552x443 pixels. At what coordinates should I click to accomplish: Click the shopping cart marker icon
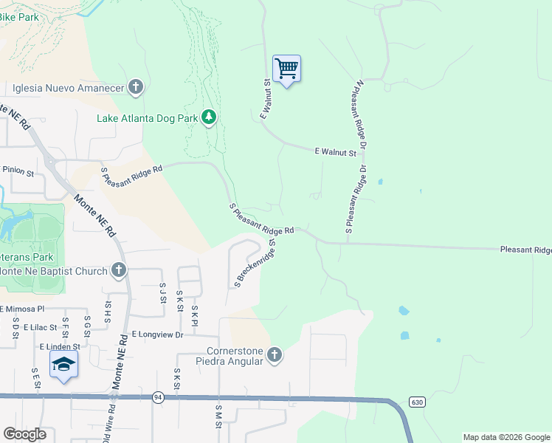(286, 69)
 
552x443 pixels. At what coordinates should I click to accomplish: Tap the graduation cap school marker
(64, 364)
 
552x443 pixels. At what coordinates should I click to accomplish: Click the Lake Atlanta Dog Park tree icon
(210, 117)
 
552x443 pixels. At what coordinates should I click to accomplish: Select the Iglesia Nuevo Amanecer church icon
(135, 88)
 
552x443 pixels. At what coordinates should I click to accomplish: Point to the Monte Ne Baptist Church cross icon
(118, 271)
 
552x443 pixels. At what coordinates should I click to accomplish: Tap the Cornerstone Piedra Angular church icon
(275, 356)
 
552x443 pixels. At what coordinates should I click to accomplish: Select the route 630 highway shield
(418, 402)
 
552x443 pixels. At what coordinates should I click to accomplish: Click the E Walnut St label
(335, 152)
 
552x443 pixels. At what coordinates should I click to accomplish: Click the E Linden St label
(60, 346)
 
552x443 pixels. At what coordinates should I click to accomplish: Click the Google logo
(24, 434)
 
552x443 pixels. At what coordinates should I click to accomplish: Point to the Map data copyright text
(507, 437)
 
